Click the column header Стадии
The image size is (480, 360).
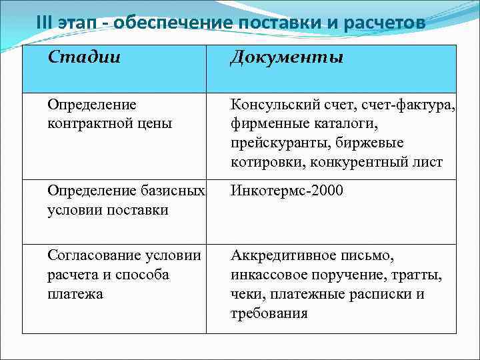click(x=84, y=57)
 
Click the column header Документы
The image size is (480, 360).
click(x=287, y=58)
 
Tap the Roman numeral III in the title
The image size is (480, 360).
click(x=45, y=23)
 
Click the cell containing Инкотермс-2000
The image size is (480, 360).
click(x=287, y=191)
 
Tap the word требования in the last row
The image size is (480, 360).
click(x=269, y=313)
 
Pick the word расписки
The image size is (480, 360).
click(x=379, y=294)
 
